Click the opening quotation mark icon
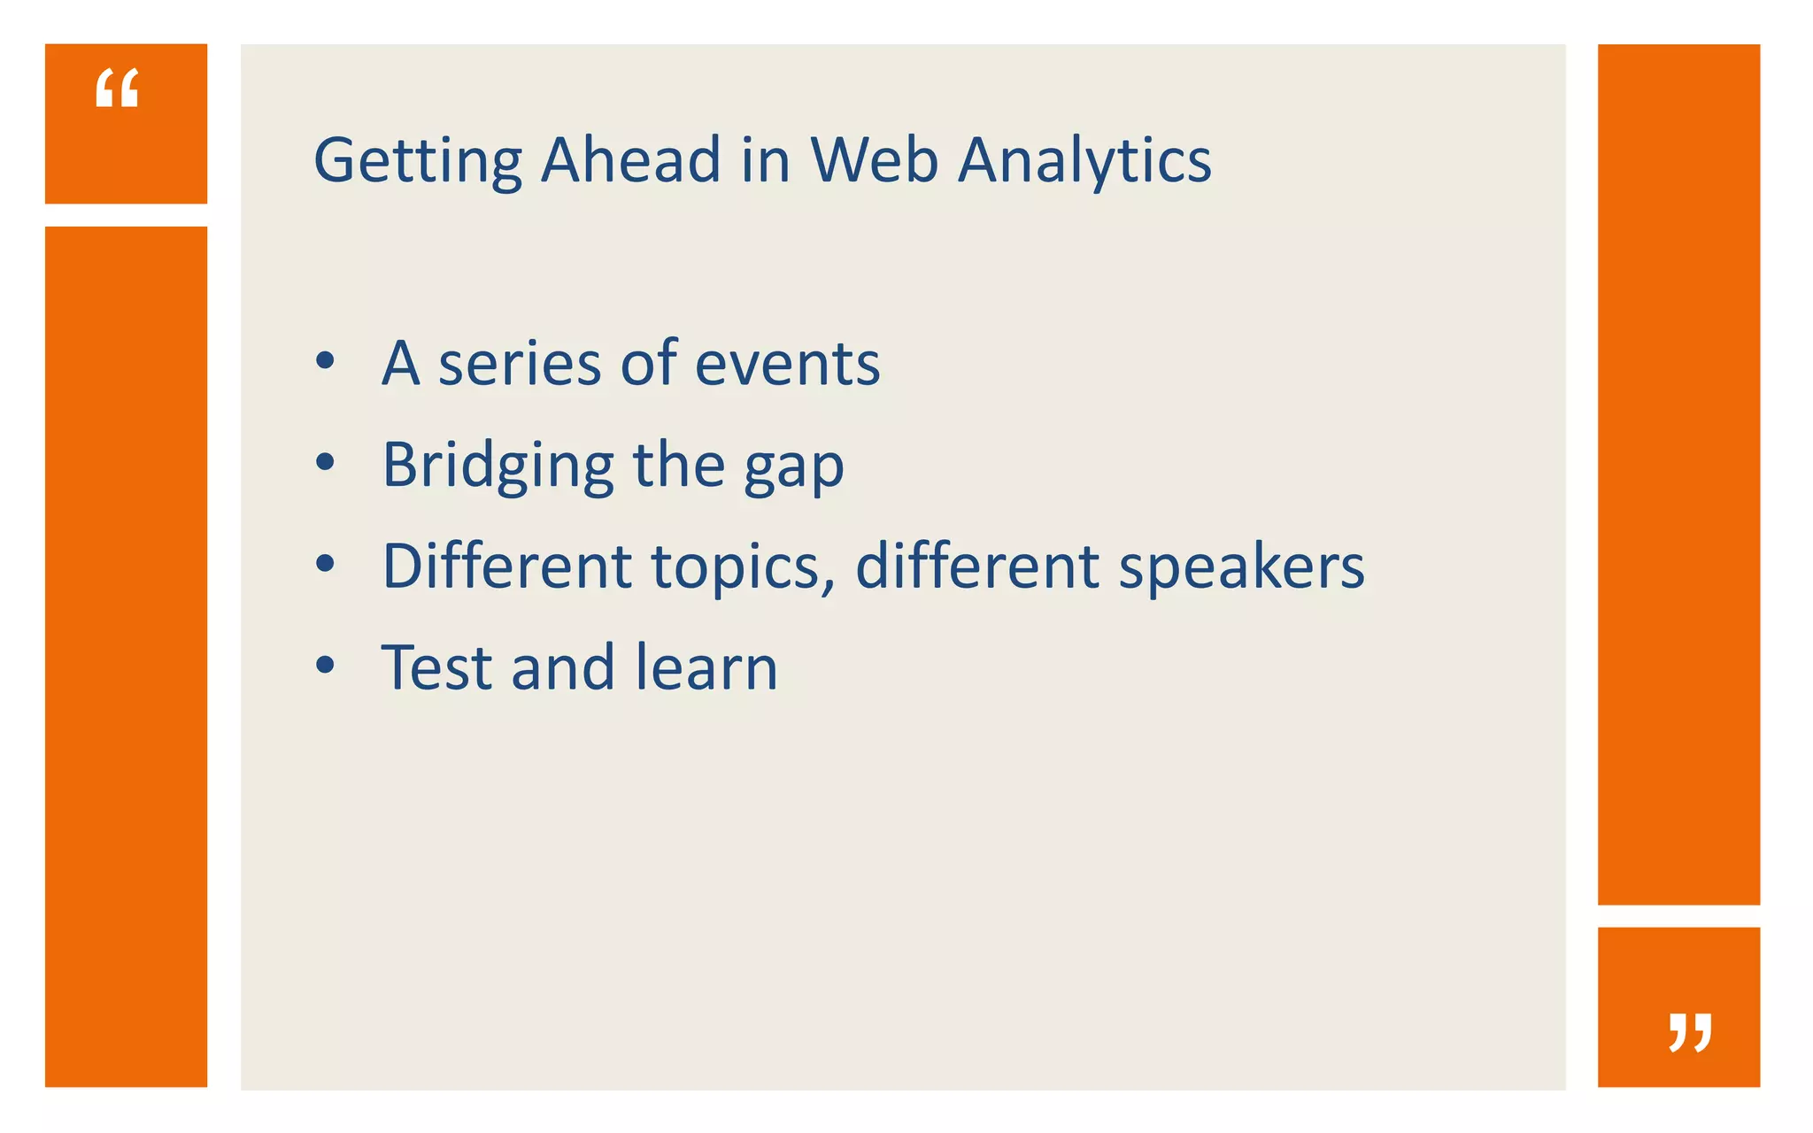tap(117, 89)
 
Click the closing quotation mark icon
tap(1690, 1032)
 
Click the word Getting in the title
tap(418, 161)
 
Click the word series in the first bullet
tap(521, 364)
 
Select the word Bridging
tap(498, 466)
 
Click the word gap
tap(793, 469)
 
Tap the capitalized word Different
tap(506, 566)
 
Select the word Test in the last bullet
tap(435, 667)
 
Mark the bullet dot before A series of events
tap(326, 361)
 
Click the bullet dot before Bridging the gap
tap(326, 462)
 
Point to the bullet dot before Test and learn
tap(326, 665)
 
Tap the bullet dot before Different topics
tap(326, 563)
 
